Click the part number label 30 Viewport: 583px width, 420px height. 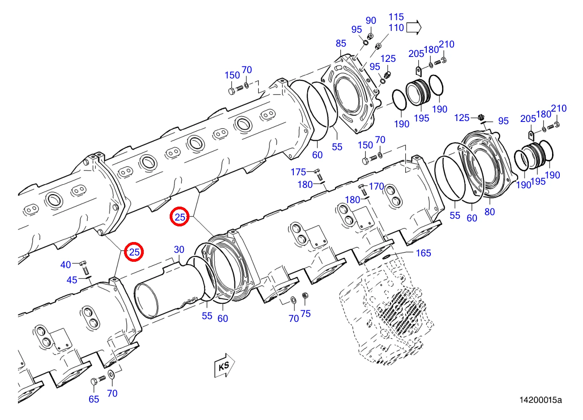(179, 250)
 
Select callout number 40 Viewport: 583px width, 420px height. (65, 265)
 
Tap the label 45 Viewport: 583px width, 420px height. (72, 280)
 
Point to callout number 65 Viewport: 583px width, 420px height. (94, 399)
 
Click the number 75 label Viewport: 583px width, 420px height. (305, 314)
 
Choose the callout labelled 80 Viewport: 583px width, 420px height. (489, 212)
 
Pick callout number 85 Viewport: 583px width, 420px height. (341, 43)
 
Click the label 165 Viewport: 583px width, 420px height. (424, 253)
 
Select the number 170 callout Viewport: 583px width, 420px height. (377, 186)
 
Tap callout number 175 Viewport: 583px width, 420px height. (298, 172)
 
